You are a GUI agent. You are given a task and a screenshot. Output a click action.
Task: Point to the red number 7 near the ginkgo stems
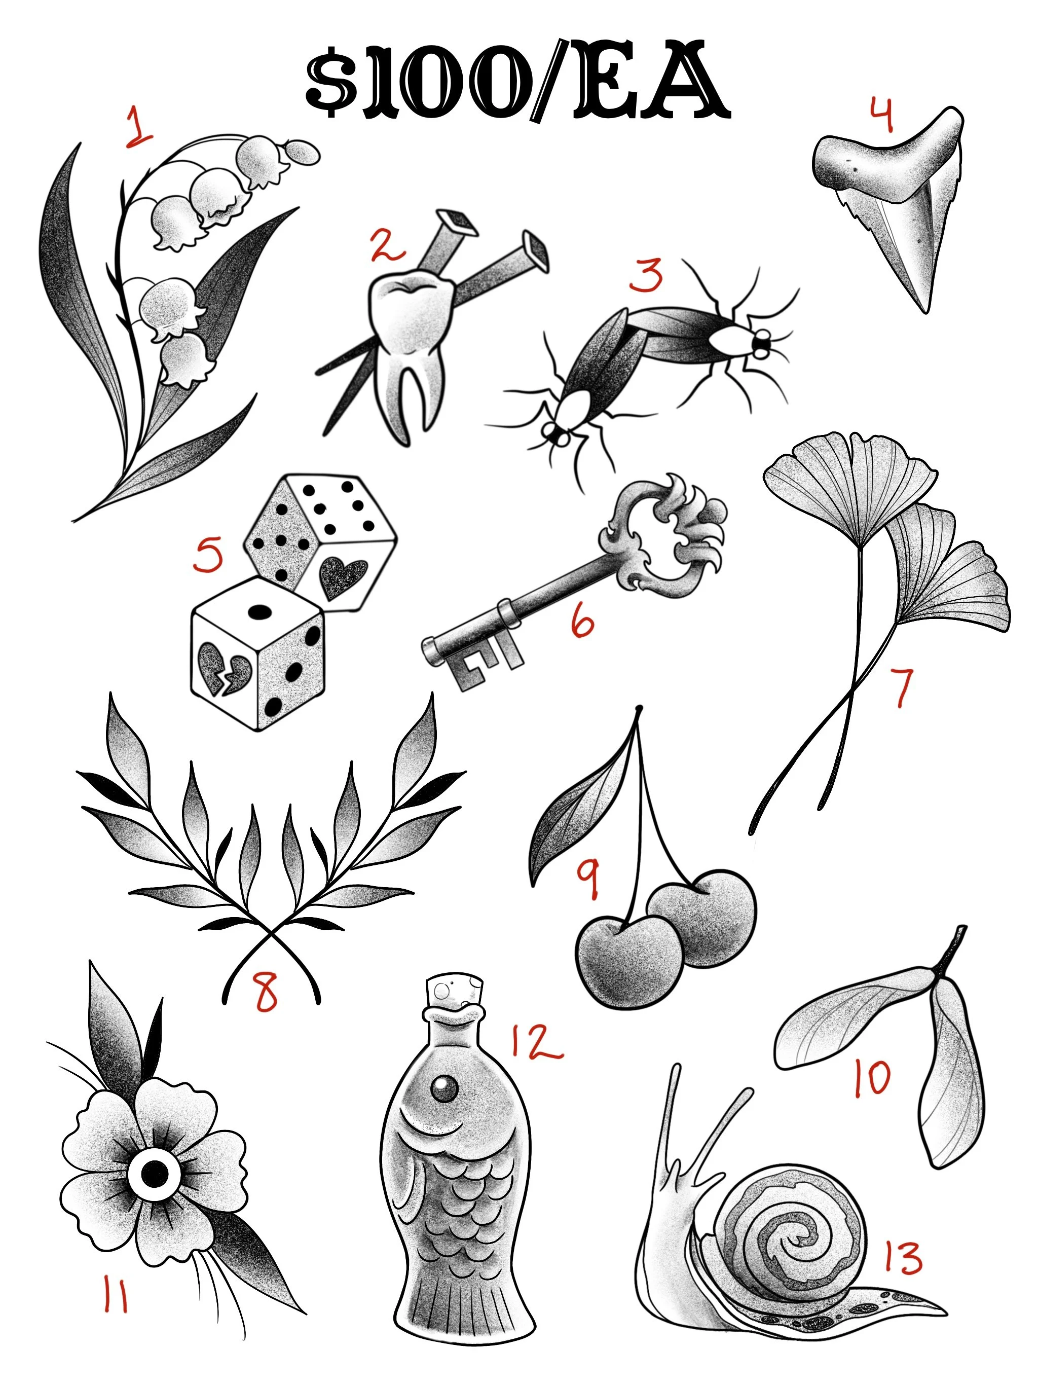902,687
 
